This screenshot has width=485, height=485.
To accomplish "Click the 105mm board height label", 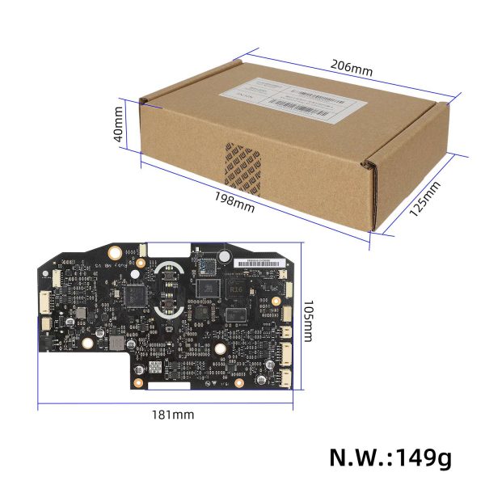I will tap(308, 323).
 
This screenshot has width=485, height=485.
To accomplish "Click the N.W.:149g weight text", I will tap(390, 457).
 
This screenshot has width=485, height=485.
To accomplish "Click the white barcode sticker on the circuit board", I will tap(256, 264).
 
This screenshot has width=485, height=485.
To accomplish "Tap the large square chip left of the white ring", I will tap(135, 296).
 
